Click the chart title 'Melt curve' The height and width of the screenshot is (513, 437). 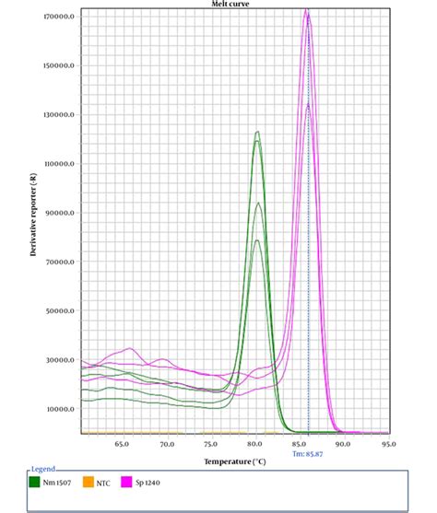(x=231, y=4)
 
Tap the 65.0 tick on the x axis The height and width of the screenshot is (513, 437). (x=123, y=444)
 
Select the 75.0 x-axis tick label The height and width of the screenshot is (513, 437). (x=211, y=444)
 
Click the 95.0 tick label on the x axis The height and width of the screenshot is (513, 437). (x=388, y=444)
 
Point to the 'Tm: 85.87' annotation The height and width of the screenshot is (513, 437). (x=308, y=453)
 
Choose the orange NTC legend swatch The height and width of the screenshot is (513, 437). (x=88, y=481)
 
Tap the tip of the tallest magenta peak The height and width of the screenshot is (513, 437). (x=307, y=10)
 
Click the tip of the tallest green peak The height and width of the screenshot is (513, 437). (x=257, y=132)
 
